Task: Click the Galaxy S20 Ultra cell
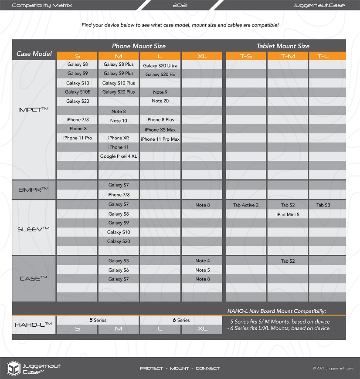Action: tap(160, 66)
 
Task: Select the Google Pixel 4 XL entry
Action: tap(119, 156)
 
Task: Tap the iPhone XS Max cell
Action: tap(160, 130)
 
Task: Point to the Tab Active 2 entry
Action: tap(246, 205)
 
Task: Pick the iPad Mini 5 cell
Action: tap(288, 214)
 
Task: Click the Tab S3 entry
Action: tap(323, 205)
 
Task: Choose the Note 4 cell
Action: tap(202, 261)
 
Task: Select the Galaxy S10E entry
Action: tap(78, 92)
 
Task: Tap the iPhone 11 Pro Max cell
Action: tap(160, 139)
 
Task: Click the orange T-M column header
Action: tap(288, 56)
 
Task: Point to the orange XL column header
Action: tap(202, 56)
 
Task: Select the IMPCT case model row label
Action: tap(33, 110)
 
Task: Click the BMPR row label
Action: tap(33, 189)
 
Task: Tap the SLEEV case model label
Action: tap(33, 229)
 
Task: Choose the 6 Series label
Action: tap(181, 320)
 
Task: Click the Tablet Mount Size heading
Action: tap(283, 46)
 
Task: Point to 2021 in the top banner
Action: tap(180, 5)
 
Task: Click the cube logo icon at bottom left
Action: tap(14, 368)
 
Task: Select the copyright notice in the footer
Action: tap(333, 369)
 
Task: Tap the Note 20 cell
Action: tap(160, 101)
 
